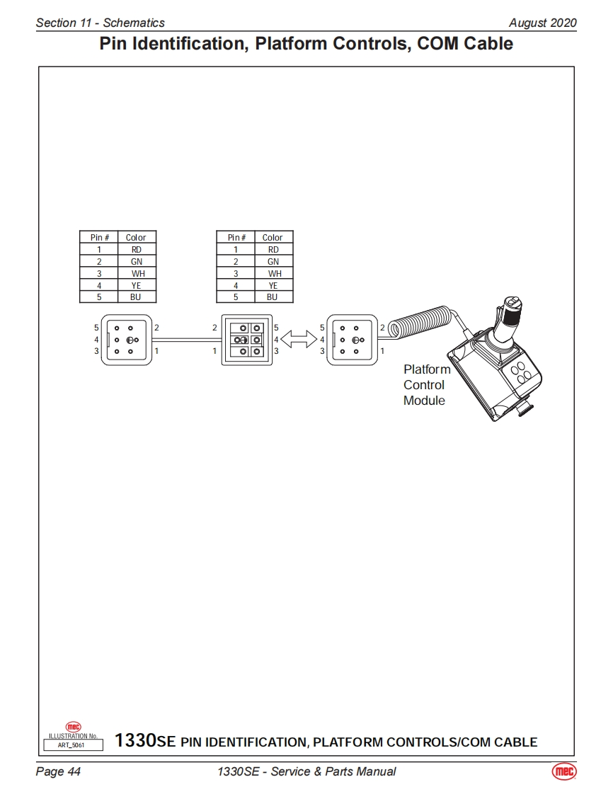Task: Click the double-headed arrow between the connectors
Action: (299, 340)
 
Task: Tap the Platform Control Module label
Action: (426, 385)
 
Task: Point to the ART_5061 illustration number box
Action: (74, 744)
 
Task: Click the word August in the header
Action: (527, 23)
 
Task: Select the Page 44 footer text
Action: (58, 771)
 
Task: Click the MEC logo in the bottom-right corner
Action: (563, 771)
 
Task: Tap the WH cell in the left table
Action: (137, 273)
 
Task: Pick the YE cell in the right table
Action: (273, 285)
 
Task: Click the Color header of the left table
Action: (136, 238)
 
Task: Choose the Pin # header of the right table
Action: (236, 238)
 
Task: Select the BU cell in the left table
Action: (136, 297)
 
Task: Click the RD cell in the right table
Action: (273, 249)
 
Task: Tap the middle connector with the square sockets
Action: (246, 340)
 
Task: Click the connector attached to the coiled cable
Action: (352, 340)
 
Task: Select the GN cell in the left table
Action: (137, 261)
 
